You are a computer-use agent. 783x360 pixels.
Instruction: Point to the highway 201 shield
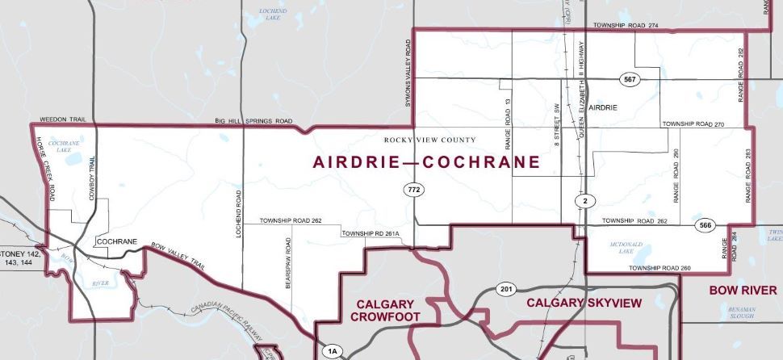click(x=506, y=291)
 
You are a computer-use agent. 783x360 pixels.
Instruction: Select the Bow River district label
click(x=743, y=290)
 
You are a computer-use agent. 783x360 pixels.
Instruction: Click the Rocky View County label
click(x=429, y=140)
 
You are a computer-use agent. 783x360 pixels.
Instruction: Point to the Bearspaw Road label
click(x=287, y=263)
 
